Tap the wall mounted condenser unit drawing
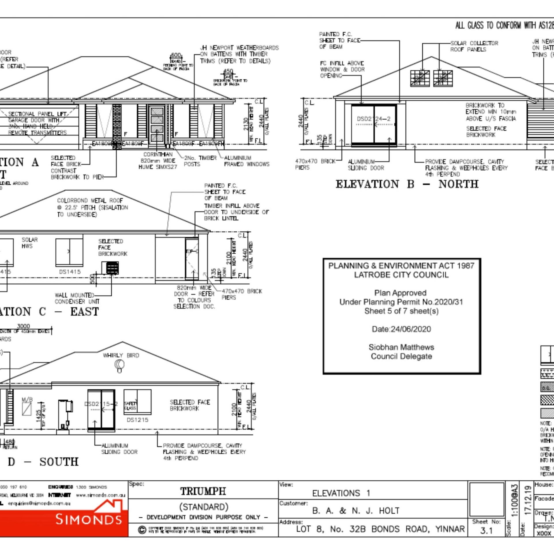(x=110, y=267)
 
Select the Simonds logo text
(x=89, y=519)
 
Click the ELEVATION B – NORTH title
(x=407, y=184)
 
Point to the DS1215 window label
(x=137, y=420)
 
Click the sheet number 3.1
(x=486, y=530)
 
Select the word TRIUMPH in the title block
(x=203, y=491)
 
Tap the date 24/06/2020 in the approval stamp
(x=401, y=329)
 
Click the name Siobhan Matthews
(x=401, y=347)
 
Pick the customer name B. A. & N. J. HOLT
(x=356, y=511)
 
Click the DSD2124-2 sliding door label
(x=374, y=119)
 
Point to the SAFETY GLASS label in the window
(x=130, y=405)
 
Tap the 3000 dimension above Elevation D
(x=23, y=326)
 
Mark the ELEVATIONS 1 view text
(x=341, y=493)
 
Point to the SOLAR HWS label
(x=29, y=243)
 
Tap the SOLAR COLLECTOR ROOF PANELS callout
(x=474, y=46)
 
